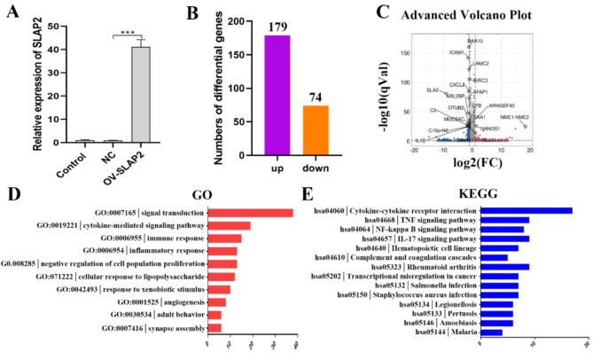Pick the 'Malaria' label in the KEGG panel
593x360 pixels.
(x=456, y=332)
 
